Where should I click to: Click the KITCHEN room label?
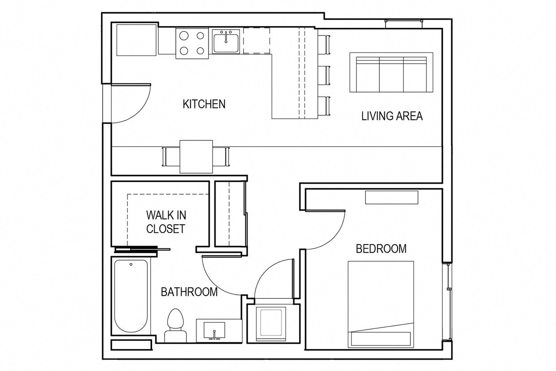204,104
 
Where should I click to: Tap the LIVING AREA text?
392,116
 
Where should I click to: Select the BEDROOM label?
381,249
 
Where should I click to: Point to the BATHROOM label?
189,292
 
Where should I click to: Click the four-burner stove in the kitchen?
192,44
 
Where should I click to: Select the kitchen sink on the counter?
226,42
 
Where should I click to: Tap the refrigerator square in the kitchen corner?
136,40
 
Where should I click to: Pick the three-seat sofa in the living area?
391,72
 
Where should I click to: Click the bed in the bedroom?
381,304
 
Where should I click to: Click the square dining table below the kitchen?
196,157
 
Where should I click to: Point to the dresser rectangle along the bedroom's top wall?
391,197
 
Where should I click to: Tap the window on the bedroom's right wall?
447,301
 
